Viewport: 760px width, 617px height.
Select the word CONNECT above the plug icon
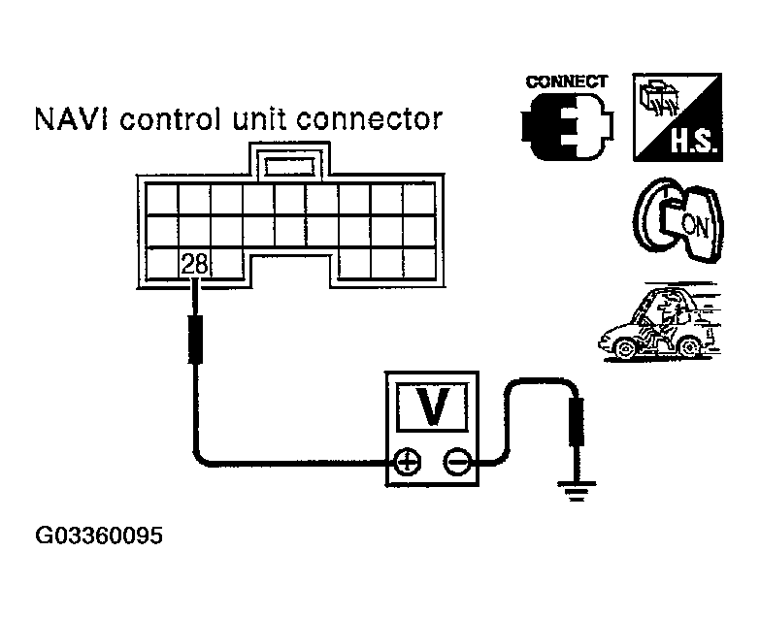[x=567, y=82]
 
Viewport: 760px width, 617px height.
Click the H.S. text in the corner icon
[x=693, y=149]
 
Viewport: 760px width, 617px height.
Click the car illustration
[x=660, y=325]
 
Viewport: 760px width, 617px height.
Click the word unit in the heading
[x=263, y=120]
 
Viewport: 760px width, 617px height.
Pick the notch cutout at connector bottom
[x=291, y=272]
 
